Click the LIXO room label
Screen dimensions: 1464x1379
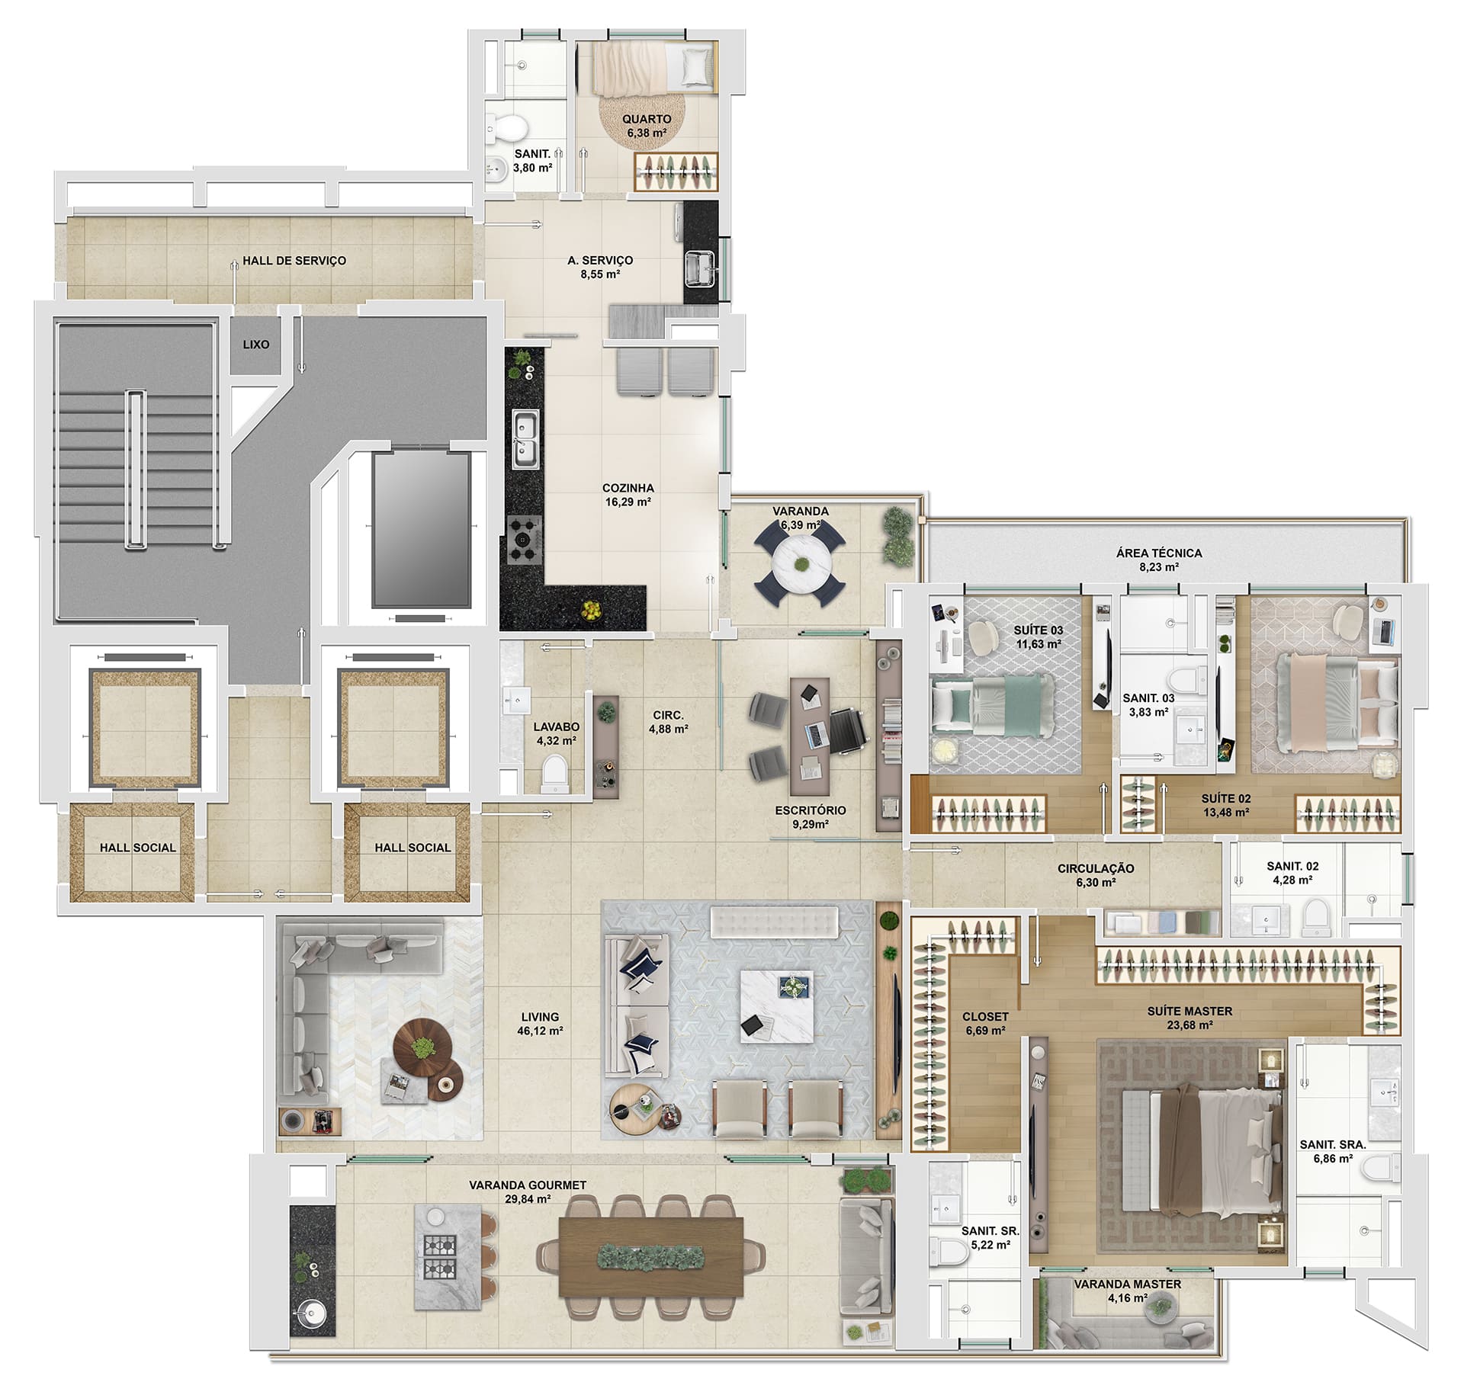[x=256, y=345]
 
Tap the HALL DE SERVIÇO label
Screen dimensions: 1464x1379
[x=294, y=261]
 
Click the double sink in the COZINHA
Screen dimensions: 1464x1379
[x=525, y=438]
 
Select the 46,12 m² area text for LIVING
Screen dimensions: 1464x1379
[x=540, y=1031]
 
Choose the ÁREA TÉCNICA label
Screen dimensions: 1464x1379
[x=1159, y=553]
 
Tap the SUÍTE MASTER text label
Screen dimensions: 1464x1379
[x=1189, y=1011]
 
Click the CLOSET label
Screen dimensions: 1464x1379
[x=985, y=1016]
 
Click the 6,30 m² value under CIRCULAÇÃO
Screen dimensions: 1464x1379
[x=1096, y=882]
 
